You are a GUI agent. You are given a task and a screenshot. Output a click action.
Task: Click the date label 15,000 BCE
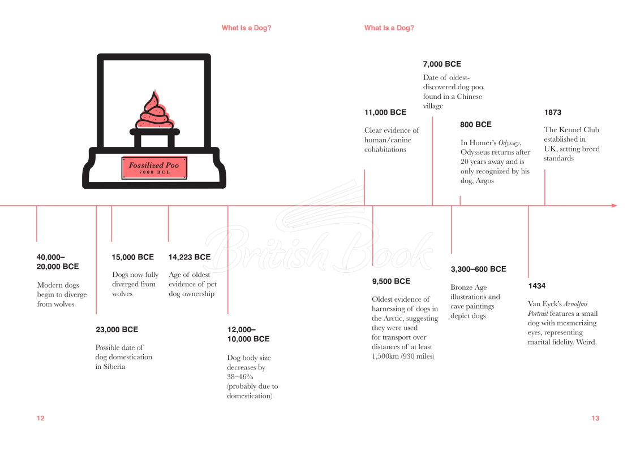(132, 257)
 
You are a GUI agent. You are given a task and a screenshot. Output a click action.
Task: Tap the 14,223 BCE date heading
(190, 257)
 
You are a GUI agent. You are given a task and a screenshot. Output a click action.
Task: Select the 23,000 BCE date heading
(117, 330)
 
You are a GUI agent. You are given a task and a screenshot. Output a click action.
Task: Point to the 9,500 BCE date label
(391, 281)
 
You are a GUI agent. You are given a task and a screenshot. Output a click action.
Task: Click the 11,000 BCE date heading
(385, 112)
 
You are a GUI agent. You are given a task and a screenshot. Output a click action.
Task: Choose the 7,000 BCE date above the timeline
(442, 64)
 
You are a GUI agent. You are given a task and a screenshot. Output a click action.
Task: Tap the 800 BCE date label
(475, 125)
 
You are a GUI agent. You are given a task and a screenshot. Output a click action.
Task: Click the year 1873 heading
(552, 112)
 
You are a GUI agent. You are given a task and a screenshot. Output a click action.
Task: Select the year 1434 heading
(536, 286)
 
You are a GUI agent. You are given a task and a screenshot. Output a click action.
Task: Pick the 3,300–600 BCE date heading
(478, 270)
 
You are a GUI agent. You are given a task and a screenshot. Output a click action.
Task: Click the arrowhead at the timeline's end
(614, 206)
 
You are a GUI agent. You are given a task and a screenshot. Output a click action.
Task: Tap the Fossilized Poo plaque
(154, 168)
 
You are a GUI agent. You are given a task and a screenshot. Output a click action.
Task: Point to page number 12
(41, 419)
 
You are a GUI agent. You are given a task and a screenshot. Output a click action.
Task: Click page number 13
(595, 419)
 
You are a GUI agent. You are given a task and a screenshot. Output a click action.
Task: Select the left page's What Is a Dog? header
(246, 28)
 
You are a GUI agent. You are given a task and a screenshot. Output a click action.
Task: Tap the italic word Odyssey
(509, 143)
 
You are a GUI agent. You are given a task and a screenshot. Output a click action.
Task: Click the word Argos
(484, 181)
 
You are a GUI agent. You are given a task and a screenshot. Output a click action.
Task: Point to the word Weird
(586, 342)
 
